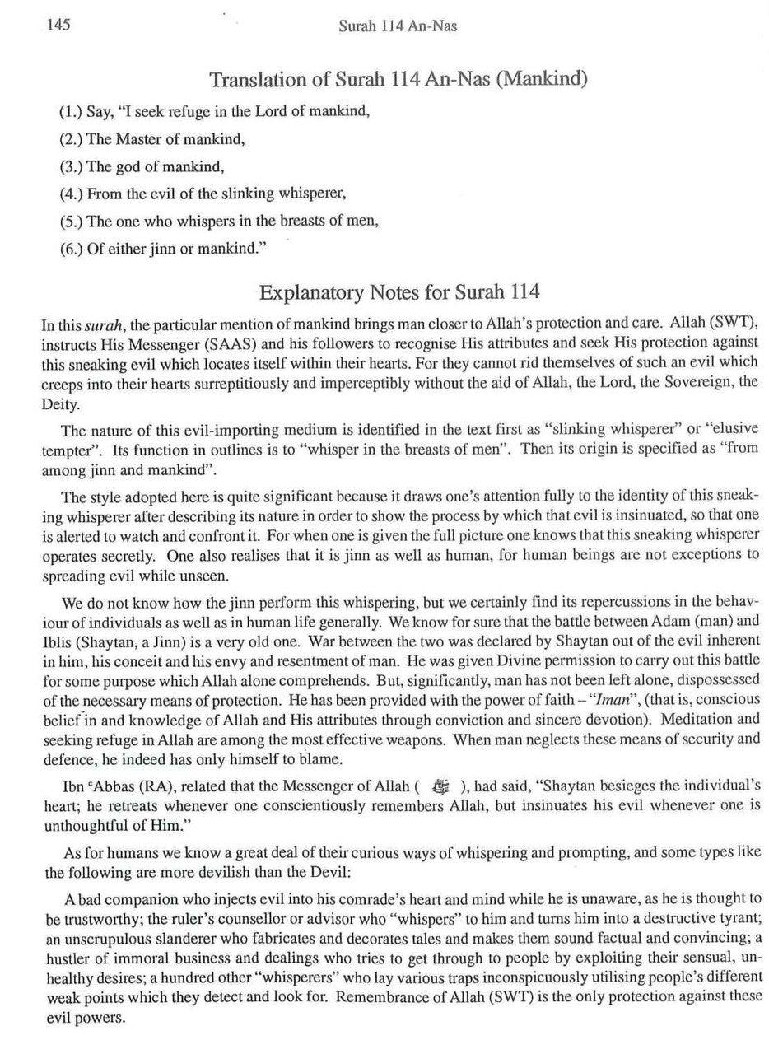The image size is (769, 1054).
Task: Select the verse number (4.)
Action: (72, 194)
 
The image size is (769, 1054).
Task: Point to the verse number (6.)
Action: (72, 250)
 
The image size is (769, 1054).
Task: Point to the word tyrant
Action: (740, 918)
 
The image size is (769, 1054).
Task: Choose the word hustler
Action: (65, 956)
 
